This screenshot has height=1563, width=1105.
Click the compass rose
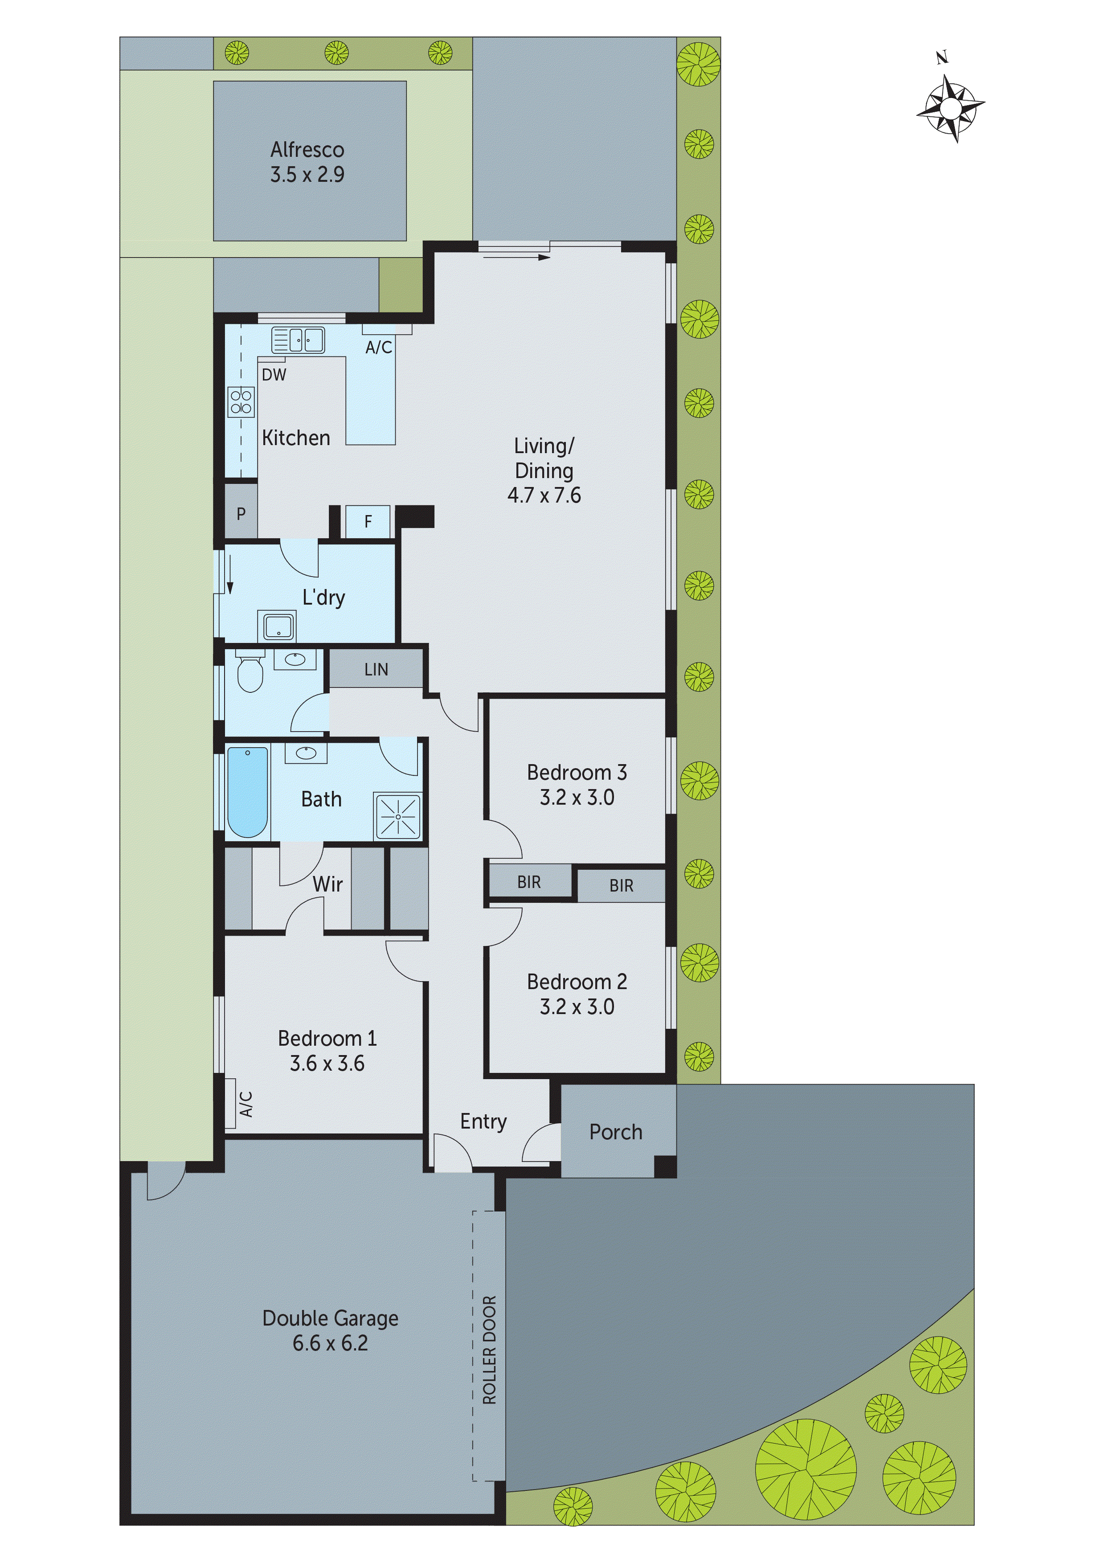point(950,107)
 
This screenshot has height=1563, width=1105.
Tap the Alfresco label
point(307,150)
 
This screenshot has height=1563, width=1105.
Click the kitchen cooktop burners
point(241,401)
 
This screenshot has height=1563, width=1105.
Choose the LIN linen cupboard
point(376,669)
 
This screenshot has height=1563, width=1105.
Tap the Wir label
point(327,884)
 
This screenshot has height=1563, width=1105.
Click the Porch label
point(615,1132)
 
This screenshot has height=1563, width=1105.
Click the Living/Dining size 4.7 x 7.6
point(544,495)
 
